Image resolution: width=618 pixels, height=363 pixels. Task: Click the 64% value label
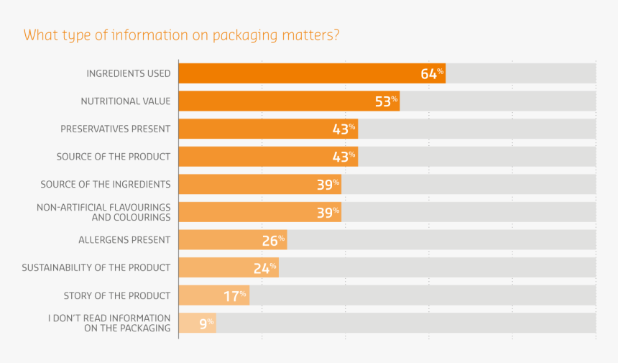433,73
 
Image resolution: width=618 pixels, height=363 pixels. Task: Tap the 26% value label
273,240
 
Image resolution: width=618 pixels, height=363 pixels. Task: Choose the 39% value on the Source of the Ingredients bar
328,185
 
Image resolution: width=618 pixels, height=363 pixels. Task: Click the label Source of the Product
114,157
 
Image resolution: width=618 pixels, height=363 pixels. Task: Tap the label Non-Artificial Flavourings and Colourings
103,212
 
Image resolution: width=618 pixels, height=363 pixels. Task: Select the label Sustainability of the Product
96,268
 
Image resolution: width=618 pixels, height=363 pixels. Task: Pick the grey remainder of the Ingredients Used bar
520,73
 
